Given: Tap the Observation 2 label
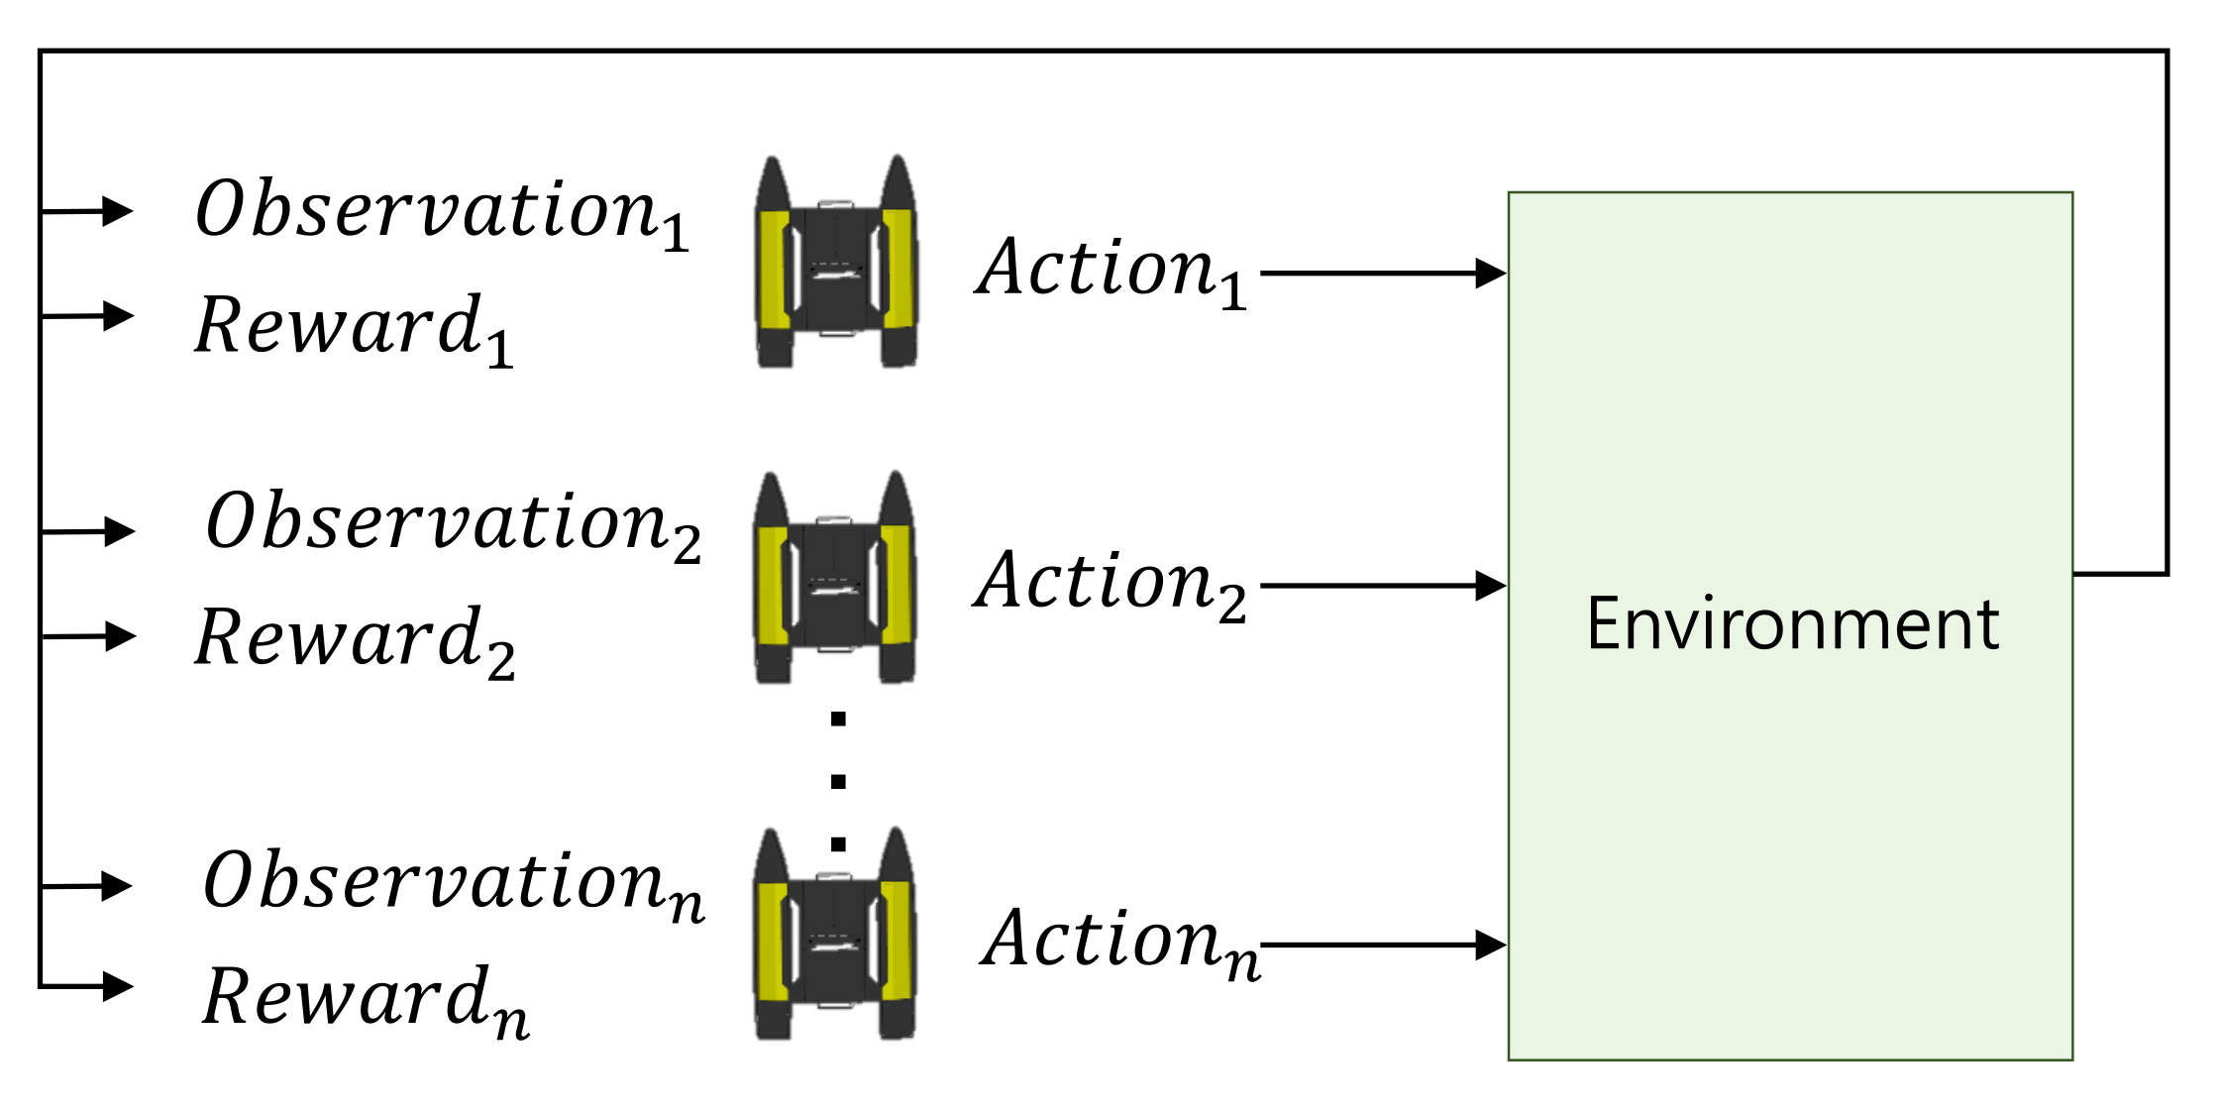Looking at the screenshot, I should (x=452, y=523).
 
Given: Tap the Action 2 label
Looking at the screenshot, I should (x=1111, y=583).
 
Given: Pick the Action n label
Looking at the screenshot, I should (x=1119, y=942).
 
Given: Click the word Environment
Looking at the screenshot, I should (x=1792, y=624).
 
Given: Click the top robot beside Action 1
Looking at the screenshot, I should (x=836, y=263).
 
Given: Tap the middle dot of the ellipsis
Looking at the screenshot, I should (x=838, y=782).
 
